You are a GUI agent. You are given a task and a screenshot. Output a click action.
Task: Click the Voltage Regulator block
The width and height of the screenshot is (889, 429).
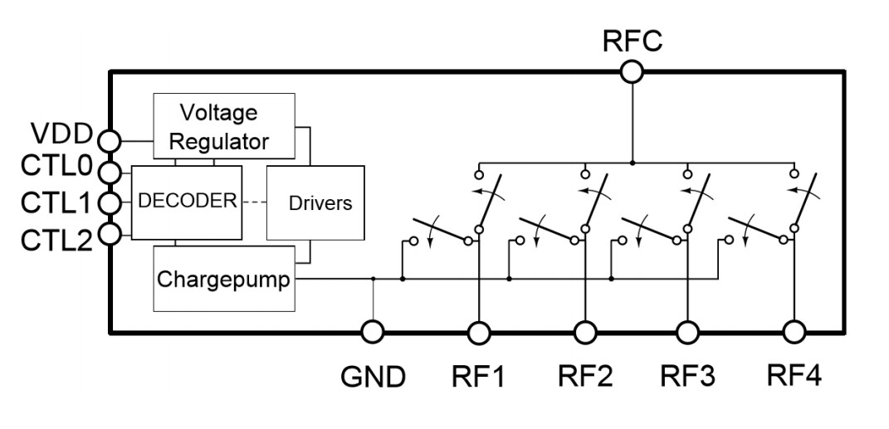click(224, 125)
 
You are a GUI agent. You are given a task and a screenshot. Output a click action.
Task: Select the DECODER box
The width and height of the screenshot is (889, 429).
click(188, 202)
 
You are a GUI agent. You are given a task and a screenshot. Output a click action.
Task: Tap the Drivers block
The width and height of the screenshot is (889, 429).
click(315, 202)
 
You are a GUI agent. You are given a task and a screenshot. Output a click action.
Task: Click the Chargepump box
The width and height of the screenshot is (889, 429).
click(224, 280)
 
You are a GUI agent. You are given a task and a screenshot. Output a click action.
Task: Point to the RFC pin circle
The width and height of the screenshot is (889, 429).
click(632, 72)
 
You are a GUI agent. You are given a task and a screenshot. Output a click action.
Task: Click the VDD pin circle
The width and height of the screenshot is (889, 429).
click(110, 139)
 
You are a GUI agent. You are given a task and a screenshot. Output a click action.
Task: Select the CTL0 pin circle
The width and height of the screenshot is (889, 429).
click(110, 171)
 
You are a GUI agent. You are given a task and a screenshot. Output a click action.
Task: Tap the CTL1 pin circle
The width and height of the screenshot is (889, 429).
click(110, 202)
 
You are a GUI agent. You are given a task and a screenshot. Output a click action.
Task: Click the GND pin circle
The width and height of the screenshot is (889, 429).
click(373, 332)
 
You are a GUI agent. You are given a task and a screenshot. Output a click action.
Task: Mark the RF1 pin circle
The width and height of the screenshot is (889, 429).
click(479, 332)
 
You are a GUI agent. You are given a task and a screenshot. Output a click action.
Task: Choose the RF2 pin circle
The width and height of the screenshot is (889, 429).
click(584, 332)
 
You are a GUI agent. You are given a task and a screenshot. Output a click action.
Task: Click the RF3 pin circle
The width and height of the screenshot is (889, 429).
click(688, 332)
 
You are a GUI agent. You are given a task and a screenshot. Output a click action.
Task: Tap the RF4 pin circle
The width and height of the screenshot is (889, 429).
click(794, 332)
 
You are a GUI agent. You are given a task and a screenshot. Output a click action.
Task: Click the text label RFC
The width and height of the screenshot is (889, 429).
click(632, 41)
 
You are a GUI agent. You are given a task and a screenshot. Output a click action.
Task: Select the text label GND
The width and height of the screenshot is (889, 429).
click(373, 378)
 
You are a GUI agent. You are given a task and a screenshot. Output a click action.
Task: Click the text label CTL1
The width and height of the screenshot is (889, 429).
click(55, 203)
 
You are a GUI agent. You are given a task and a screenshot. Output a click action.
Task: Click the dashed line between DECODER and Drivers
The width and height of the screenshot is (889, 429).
click(254, 202)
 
